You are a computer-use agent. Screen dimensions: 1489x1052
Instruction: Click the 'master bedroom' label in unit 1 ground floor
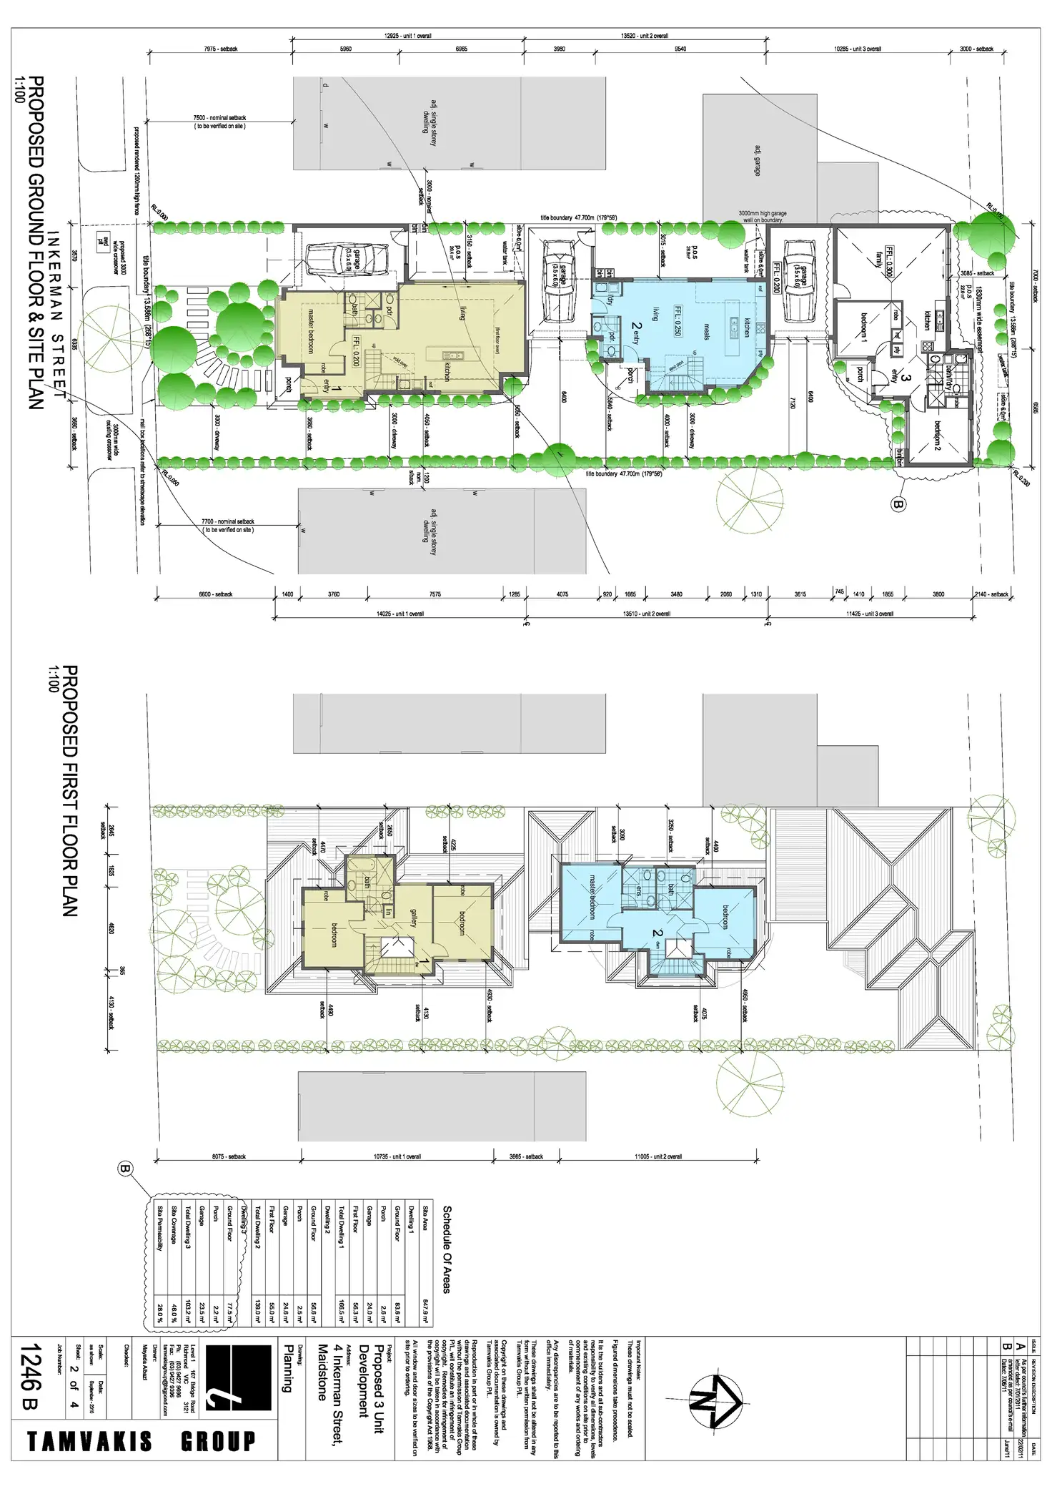pyautogui.click(x=311, y=330)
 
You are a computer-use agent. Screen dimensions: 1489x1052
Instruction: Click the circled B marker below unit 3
pyautogui.click(x=899, y=504)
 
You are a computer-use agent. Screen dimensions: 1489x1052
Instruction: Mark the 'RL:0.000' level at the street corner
pyautogui.click(x=159, y=212)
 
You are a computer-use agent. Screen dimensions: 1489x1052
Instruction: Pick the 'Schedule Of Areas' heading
pyautogui.click(x=447, y=1249)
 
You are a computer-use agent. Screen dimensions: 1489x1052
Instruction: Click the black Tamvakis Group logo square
pyautogui.click(x=238, y=1377)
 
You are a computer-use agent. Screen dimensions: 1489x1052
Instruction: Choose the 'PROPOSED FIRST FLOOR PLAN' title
pyautogui.click(x=70, y=790)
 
